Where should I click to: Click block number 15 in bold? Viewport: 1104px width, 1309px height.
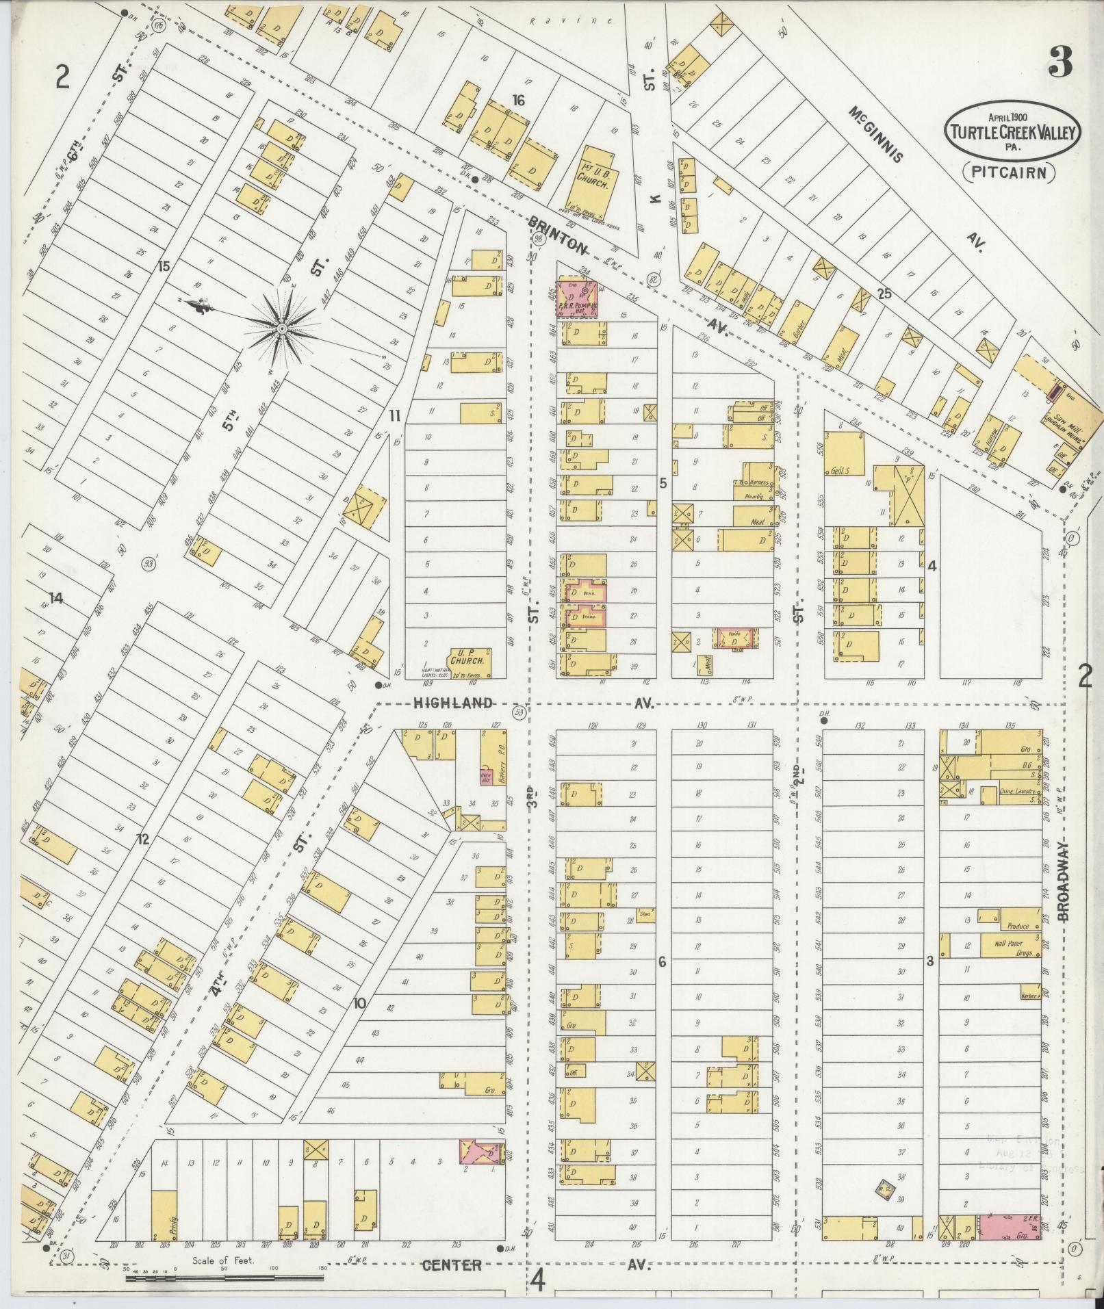[x=163, y=265]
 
